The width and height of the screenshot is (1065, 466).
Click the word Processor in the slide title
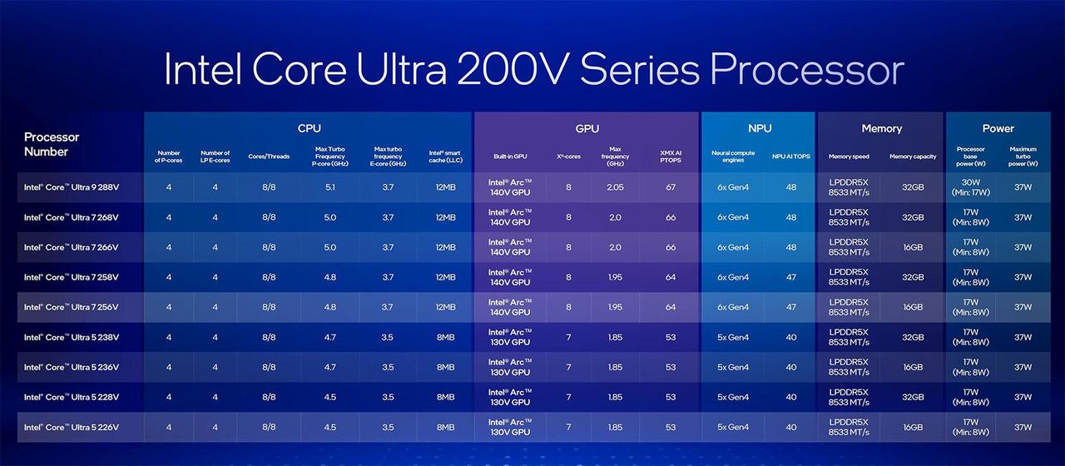807,70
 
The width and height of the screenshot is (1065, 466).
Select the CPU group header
309,128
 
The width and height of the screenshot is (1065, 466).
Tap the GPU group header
587,128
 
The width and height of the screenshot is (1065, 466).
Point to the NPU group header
760,128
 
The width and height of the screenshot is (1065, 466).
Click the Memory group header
881,128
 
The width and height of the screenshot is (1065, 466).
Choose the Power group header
998,128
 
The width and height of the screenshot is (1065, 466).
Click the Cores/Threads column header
269,156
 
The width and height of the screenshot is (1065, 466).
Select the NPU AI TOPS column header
791,156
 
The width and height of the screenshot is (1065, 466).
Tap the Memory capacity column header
913,156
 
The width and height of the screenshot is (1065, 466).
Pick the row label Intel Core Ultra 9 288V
72,187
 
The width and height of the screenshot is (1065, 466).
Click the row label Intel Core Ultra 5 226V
72,428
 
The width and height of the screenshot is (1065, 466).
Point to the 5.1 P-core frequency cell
330,187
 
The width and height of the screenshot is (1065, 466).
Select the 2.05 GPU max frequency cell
615,187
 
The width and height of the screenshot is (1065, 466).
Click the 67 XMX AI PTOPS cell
671,187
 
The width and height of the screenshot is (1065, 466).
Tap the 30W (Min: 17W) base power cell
970,187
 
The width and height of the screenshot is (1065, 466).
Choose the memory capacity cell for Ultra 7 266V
913,248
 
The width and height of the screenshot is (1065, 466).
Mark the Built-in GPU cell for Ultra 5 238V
510,337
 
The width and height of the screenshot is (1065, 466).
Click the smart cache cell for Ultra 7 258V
445,277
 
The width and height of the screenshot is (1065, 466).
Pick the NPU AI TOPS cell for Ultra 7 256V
791,307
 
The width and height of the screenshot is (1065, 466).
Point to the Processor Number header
52,145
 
